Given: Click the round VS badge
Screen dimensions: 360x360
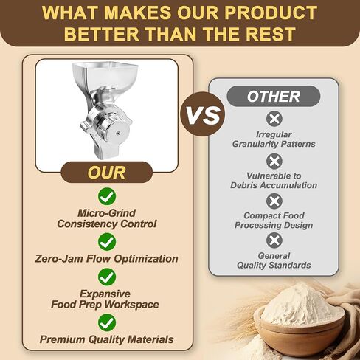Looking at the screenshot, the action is pos(202,114).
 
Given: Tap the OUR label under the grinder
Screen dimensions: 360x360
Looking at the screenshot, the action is pos(106,172).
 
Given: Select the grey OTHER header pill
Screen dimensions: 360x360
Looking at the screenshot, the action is pos(274,96).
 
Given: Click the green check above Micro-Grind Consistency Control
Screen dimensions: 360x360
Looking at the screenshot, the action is pos(107,196).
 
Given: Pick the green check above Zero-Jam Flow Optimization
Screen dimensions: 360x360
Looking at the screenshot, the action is pos(107,242).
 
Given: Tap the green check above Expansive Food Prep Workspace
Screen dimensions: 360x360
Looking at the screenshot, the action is pos(107,277).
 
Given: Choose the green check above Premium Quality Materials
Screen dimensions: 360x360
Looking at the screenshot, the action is pos(107,322).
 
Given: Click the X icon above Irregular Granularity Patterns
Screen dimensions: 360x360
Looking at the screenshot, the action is pos(274,119).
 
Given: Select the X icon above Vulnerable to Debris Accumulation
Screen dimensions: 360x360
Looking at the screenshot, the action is pos(274,162).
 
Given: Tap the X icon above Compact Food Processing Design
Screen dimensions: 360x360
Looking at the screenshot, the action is pos(274,201).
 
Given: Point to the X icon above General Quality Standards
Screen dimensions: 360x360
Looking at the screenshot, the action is pos(274,240).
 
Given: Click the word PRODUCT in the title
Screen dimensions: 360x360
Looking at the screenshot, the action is pos(271,13).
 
